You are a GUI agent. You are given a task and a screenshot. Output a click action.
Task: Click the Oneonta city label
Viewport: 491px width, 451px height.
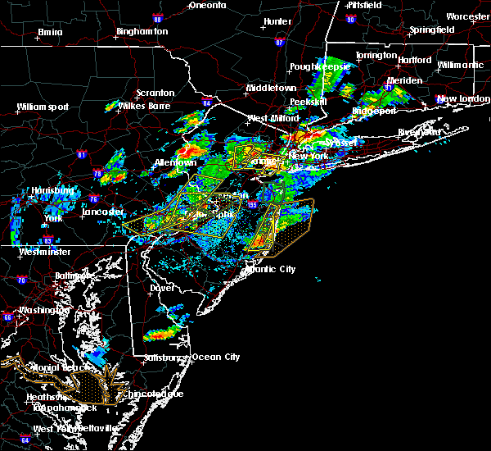(x=207, y=5)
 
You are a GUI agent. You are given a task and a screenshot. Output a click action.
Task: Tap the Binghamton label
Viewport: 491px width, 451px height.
(x=142, y=31)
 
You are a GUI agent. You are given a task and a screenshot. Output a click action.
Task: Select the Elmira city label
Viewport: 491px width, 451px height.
(x=50, y=33)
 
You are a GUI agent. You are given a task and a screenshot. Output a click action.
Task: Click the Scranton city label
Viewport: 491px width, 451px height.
(x=154, y=93)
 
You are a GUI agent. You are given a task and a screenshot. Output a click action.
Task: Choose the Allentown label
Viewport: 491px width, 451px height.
(x=174, y=163)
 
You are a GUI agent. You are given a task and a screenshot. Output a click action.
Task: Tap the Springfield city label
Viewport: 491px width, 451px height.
(x=432, y=30)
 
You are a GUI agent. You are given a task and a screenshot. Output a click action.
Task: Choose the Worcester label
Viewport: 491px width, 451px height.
(x=467, y=16)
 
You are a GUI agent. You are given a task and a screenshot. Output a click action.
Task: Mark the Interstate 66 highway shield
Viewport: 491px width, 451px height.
(x=7, y=317)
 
